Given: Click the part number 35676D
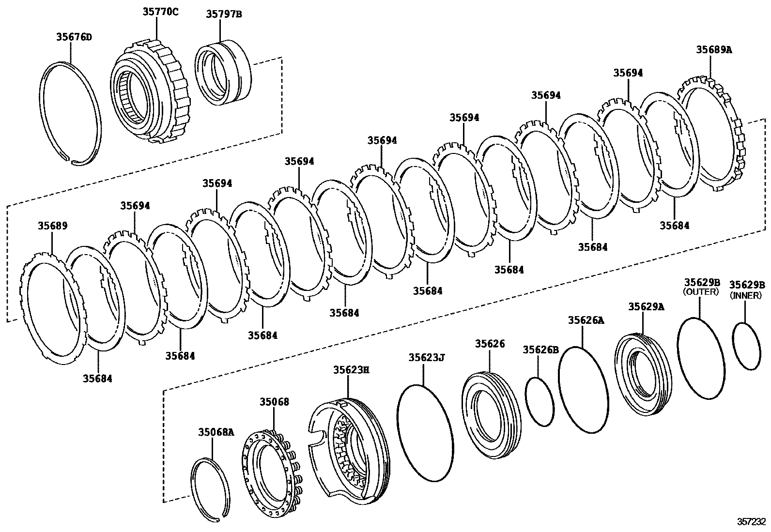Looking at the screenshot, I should [74, 37].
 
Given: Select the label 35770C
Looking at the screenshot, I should [160, 12].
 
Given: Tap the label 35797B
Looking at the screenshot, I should [224, 14].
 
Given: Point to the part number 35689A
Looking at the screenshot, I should [714, 49].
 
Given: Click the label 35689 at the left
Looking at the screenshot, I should [53, 226].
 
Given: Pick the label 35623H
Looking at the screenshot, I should [351, 370].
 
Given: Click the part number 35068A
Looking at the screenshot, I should [216, 432].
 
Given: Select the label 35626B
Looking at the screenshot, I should [541, 350].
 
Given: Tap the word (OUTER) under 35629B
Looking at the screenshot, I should [701, 292].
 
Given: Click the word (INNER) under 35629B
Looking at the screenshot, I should [746, 295].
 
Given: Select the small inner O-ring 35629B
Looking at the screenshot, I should [746, 347].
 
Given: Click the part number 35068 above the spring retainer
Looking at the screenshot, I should [274, 402].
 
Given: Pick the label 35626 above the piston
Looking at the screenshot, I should [490, 343].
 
